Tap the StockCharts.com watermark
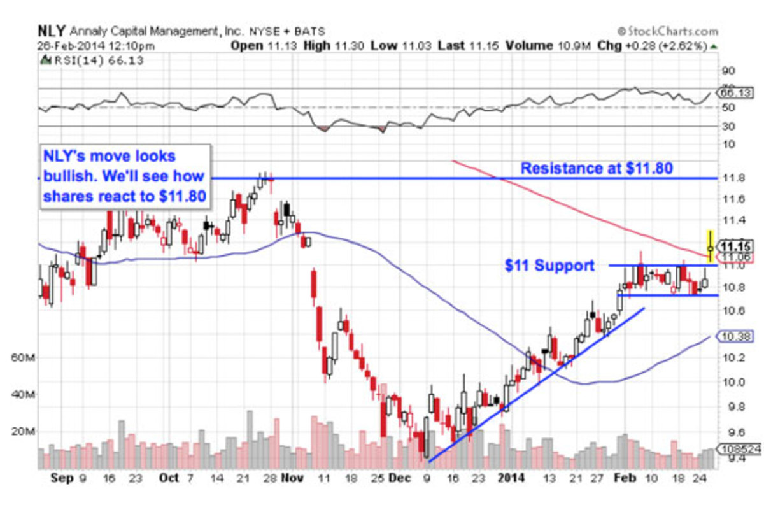point(667,31)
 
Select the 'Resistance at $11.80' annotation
point(597,169)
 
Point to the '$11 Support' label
point(549,266)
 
